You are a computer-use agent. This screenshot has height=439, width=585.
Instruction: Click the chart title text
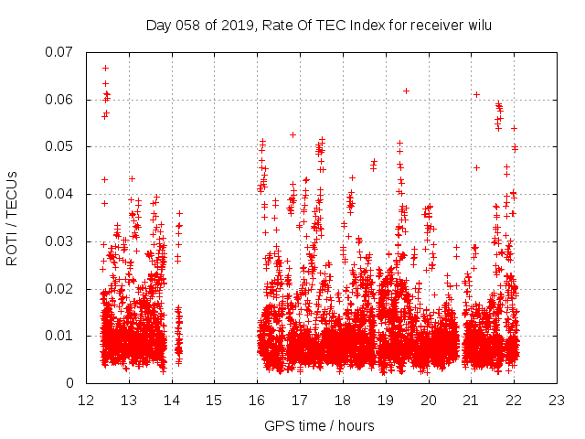[319, 25]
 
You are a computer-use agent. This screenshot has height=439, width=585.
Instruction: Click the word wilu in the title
[479, 25]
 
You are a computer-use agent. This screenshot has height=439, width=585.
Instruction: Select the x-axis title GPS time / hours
[319, 425]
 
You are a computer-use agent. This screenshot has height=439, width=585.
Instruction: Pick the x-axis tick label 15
[214, 401]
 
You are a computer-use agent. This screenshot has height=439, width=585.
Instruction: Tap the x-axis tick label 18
[343, 401]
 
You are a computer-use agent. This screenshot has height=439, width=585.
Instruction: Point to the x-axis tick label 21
[471, 401]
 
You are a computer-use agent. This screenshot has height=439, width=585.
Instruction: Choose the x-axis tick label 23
[557, 401]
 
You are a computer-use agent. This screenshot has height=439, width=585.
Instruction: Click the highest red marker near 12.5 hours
[106, 68]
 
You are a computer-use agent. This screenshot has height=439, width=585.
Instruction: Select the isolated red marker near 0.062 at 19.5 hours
[406, 91]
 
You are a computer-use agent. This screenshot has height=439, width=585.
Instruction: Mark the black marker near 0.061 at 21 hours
[476, 94]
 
